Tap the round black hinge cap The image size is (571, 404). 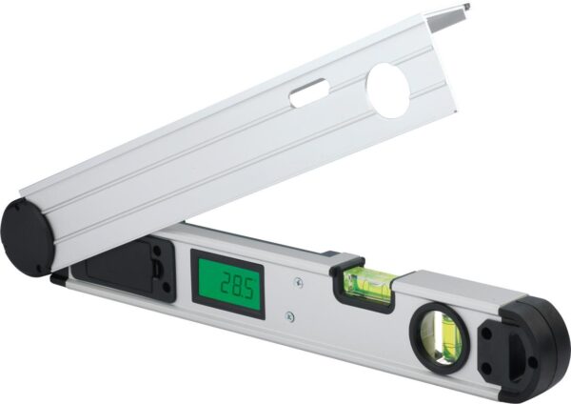28,239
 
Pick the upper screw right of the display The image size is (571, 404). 299,282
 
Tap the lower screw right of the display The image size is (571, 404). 289,316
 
